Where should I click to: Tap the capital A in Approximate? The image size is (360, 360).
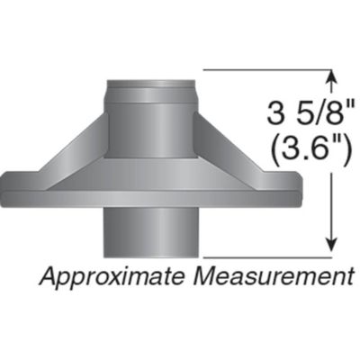[47, 275]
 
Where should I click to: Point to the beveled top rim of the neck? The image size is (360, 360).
[150, 85]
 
